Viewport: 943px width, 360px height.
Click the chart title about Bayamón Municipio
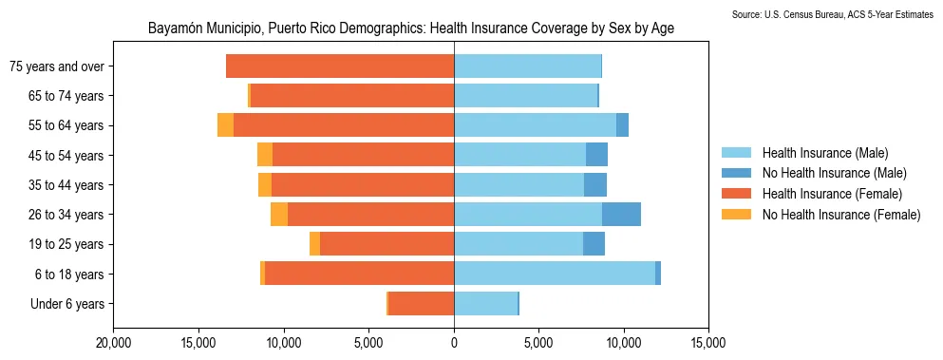tap(411, 28)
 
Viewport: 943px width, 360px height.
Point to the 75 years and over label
tap(56, 66)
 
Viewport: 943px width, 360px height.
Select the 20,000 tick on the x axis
tap(114, 342)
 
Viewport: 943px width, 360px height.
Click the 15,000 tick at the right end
tap(708, 342)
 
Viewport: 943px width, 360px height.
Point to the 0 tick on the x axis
tap(454, 342)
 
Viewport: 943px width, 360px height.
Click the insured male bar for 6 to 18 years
tap(555, 274)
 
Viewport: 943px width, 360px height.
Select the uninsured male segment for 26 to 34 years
tap(621, 215)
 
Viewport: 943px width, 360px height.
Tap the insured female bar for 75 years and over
tap(340, 66)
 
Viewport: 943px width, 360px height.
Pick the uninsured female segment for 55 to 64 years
tap(225, 125)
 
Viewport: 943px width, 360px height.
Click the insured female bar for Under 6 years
tap(422, 304)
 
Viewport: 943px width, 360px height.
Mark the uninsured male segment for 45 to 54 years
tap(596, 155)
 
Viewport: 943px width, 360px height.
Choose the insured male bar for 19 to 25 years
tap(519, 244)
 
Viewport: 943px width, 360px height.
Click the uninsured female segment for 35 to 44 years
tap(265, 185)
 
